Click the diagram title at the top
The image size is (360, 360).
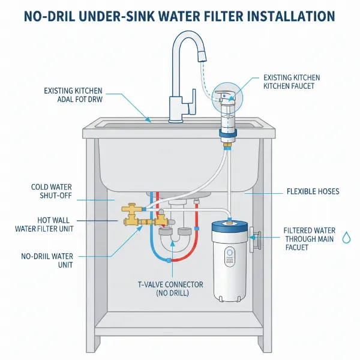click(x=180, y=15)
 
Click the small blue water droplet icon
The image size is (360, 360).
click(x=346, y=238)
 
